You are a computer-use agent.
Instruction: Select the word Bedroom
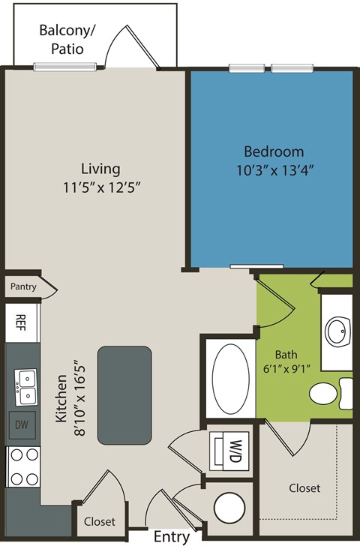click(x=274, y=151)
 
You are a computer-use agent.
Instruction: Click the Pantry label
click(x=23, y=286)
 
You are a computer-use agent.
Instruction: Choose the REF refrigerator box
click(x=21, y=322)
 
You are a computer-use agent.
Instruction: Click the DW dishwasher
click(x=21, y=425)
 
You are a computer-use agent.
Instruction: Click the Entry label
click(x=172, y=537)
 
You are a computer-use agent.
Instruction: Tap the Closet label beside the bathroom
click(x=304, y=488)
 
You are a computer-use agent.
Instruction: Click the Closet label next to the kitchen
click(x=99, y=521)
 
